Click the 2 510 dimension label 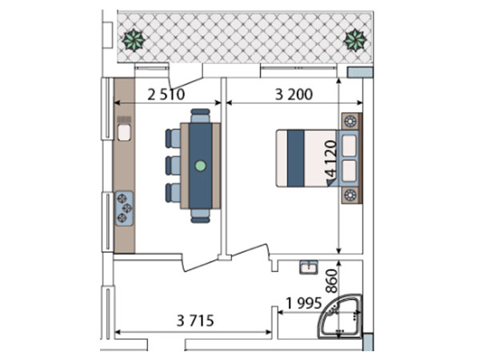(x=166, y=94)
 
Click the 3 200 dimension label (x=294, y=94)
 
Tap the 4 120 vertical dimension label (x=331, y=158)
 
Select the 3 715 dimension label (x=195, y=321)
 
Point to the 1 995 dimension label (x=304, y=303)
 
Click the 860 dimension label (x=331, y=281)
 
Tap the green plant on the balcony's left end (x=134, y=40)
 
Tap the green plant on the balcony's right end (x=355, y=40)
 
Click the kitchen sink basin (x=124, y=133)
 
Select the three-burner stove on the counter (x=124, y=209)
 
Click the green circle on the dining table (x=201, y=166)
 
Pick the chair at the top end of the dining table (x=200, y=116)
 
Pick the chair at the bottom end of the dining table (x=200, y=216)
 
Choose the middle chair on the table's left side (x=173, y=166)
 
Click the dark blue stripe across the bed (x=296, y=158)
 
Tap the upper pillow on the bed (x=349, y=146)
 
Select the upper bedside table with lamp (x=351, y=122)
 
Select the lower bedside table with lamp (x=351, y=194)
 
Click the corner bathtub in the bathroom (x=340, y=317)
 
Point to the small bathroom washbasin (x=309, y=267)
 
